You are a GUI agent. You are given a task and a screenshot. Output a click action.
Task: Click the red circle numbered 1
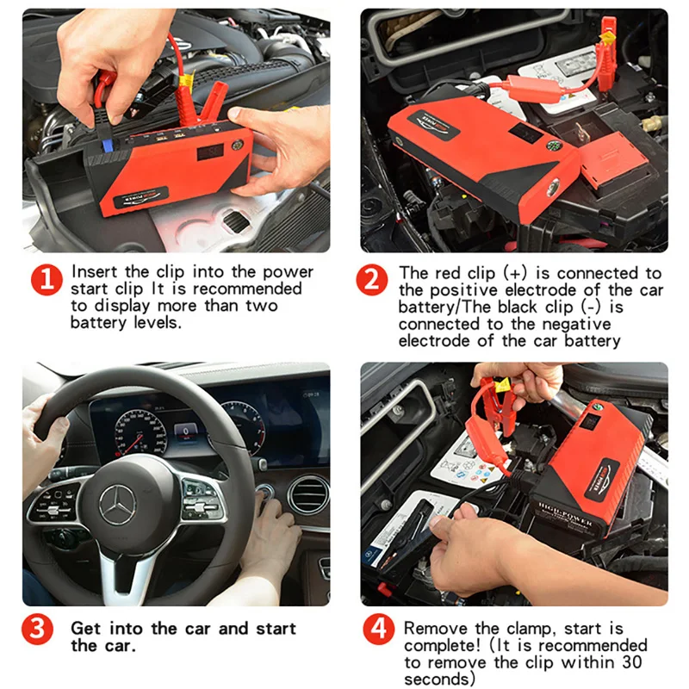point(47,280)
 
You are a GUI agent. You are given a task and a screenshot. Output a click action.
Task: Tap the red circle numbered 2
point(372,280)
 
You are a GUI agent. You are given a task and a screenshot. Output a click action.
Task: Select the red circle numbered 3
point(37,630)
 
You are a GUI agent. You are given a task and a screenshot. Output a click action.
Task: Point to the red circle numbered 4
point(379,630)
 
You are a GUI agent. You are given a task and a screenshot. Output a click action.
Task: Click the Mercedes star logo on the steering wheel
point(117,506)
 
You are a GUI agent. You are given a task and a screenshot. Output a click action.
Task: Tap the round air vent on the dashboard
point(308,494)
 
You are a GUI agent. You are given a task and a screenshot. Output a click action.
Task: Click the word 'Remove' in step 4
point(436,629)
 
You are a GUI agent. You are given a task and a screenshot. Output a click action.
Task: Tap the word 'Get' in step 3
point(85,629)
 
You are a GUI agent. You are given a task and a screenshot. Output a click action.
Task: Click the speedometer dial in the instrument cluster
point(140,433)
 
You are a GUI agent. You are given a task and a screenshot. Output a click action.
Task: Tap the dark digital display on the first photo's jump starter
point(210,153)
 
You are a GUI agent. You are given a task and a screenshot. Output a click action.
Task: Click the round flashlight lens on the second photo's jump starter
point(552,187)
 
